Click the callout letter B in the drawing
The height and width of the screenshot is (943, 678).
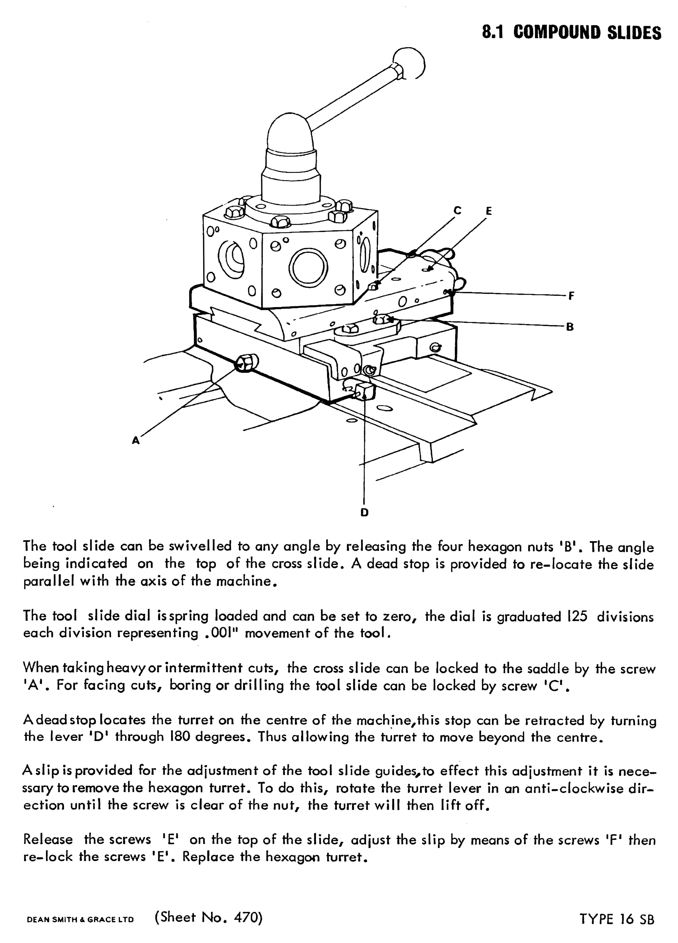click(570, 327)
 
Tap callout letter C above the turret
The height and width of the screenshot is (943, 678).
click(457, 211)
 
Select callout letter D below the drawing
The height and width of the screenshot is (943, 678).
click(364, 512)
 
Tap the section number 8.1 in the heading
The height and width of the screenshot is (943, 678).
click(493, 32)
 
